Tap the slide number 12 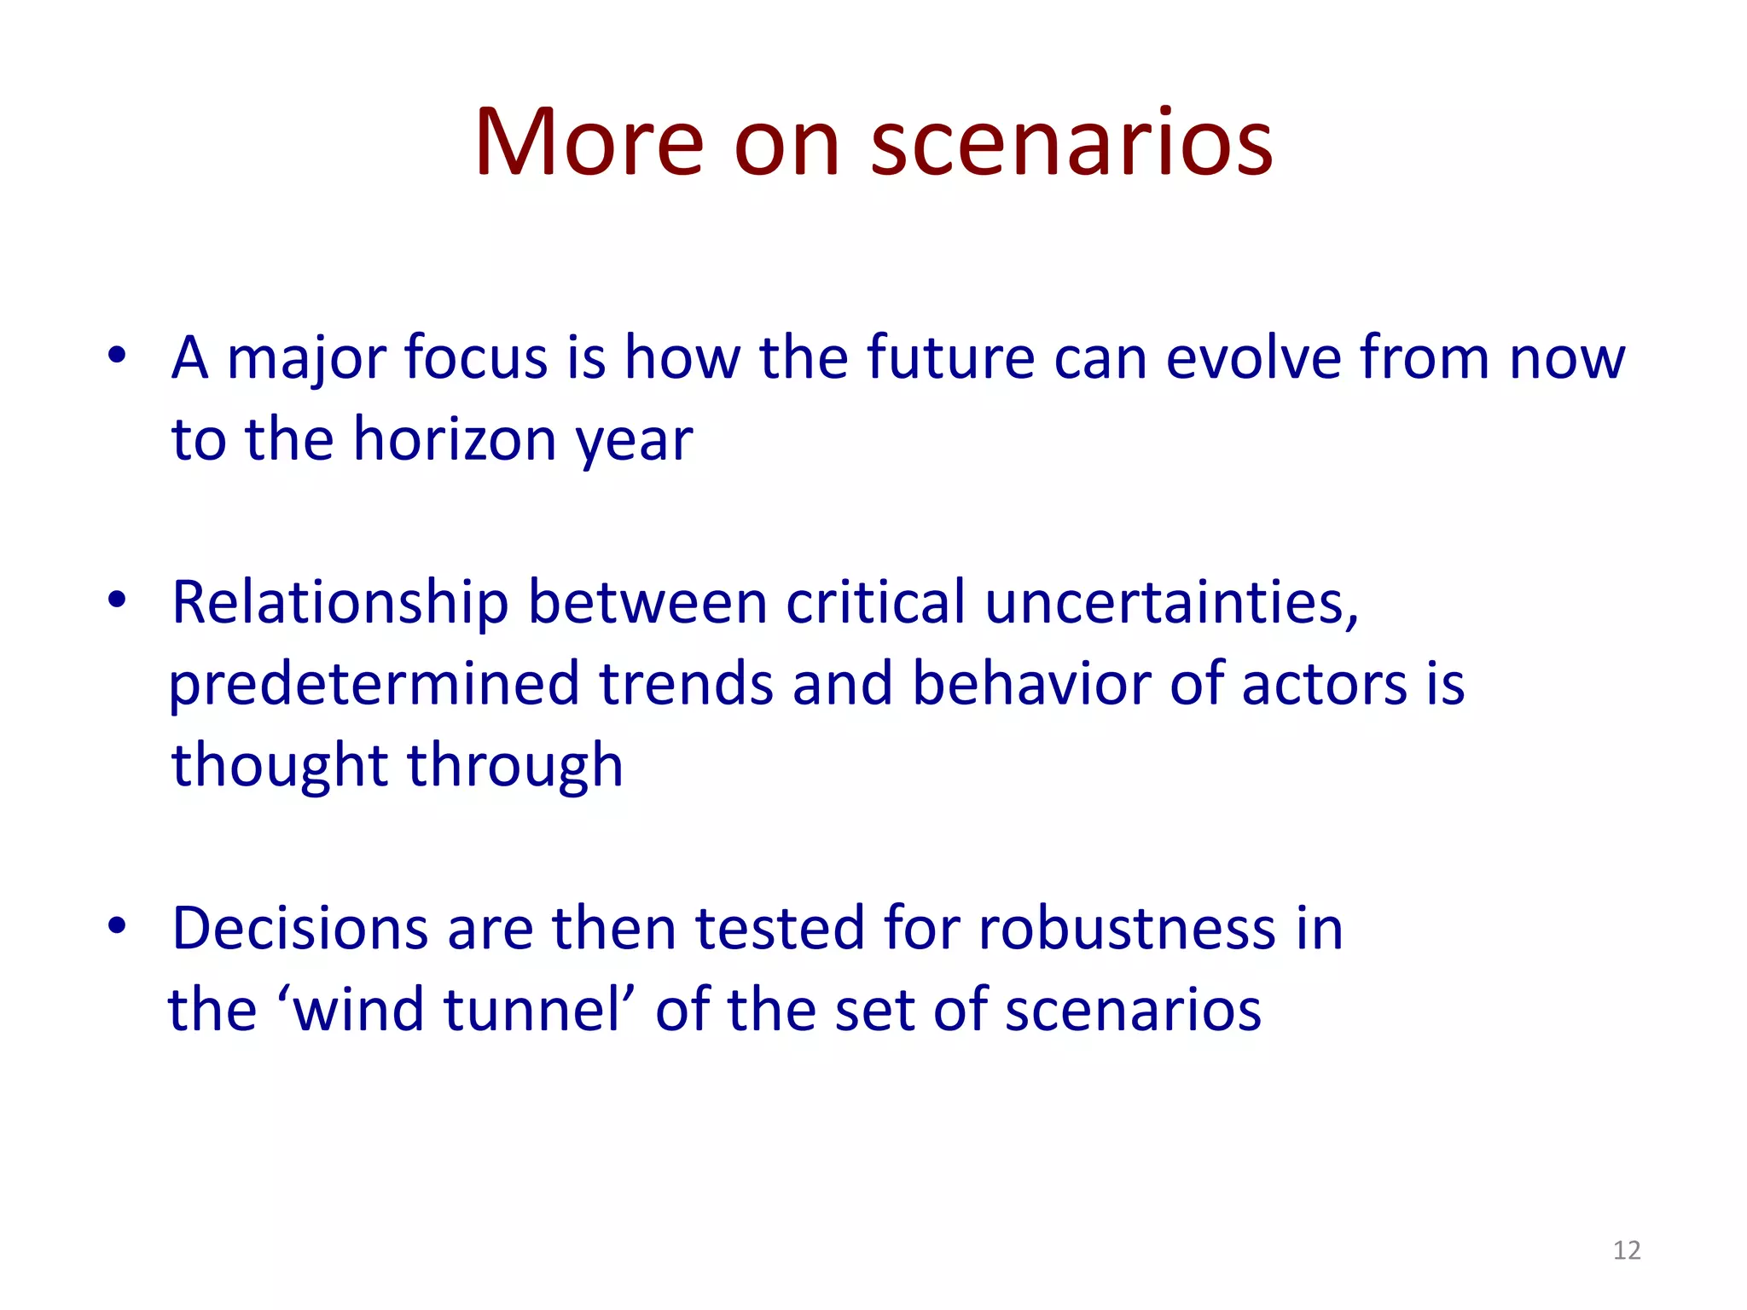1627,1250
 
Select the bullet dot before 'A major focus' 117,356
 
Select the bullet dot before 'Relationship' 117,600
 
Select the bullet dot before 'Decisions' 117,926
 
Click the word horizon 455,440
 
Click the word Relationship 340,604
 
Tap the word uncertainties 1170,602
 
